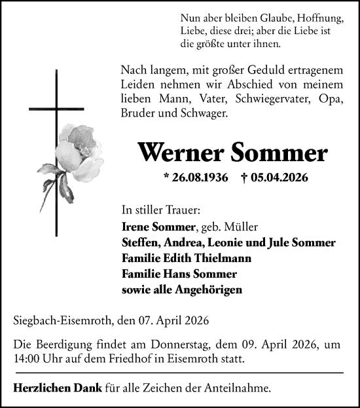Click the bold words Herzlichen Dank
pos(57,388)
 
